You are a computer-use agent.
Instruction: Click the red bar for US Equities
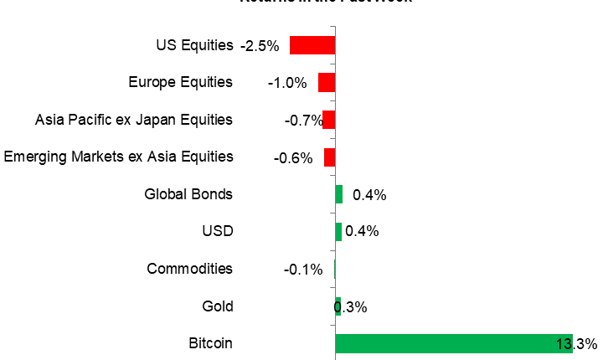coord(312,45)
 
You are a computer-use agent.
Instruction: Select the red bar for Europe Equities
coord(326,82)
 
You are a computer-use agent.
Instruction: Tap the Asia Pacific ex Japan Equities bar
coord(328,120)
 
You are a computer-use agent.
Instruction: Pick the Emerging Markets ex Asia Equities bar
coord(329,157)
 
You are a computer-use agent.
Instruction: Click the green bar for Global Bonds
coord(338,194)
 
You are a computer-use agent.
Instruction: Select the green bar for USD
coord(338,232)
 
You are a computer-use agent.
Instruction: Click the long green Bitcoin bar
coord(453,343)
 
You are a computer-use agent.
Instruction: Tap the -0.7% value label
coord(303,121)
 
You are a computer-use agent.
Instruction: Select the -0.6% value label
coord(293,157)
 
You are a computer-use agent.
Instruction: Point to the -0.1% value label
coord(303,270)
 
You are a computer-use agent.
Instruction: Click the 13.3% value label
coord(575,343)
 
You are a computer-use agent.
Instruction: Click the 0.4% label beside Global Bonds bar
coord(369,195)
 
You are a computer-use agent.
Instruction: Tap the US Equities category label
coord(194,45)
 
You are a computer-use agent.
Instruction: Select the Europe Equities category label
coord(180,82)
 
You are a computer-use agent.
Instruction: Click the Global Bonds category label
coord(188,194)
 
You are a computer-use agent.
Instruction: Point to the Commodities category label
coord(189,269)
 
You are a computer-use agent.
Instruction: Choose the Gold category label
coord(217,306)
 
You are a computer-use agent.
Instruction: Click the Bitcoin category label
coord(211,343)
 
